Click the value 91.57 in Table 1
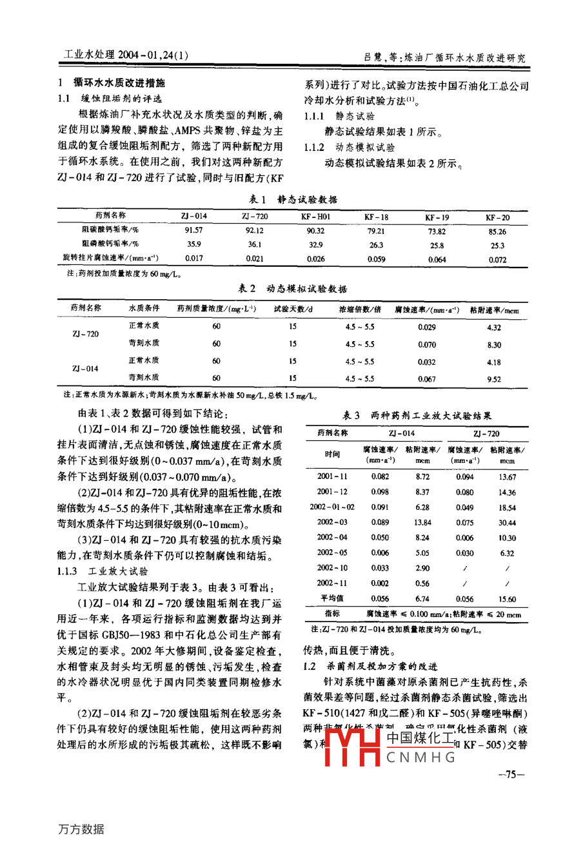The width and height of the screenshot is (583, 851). [193, 230]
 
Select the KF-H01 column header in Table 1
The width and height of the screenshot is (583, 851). [315, 217]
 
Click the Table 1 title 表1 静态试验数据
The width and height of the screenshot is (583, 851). [293, 199]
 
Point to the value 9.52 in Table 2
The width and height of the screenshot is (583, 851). [493, 379]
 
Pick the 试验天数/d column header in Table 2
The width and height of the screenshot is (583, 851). [293, 309]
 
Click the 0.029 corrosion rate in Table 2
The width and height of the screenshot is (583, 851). [426, 328]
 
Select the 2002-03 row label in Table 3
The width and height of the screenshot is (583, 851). [332, 522]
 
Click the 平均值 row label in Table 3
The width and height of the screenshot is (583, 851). [332, 598]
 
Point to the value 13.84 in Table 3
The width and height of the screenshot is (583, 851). [422, 523]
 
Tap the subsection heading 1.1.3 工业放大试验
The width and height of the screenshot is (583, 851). [103, 571]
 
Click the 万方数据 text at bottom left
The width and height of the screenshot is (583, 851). [81, 829]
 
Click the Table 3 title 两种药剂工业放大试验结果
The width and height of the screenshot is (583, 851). [416, 416]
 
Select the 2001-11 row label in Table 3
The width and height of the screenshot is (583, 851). [332, 477]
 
